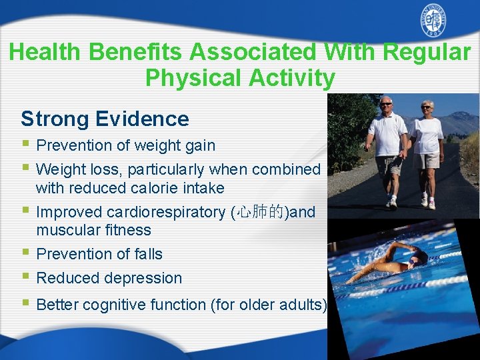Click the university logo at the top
(x=433, y=21)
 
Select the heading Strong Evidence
(x=105, y=119)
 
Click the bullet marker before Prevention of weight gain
(x=25, y=145)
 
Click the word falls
(x=146, y=254)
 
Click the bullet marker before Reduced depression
(x=25, y=277)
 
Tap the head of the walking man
(x=386, y=105)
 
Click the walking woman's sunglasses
(x=426, y=107)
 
